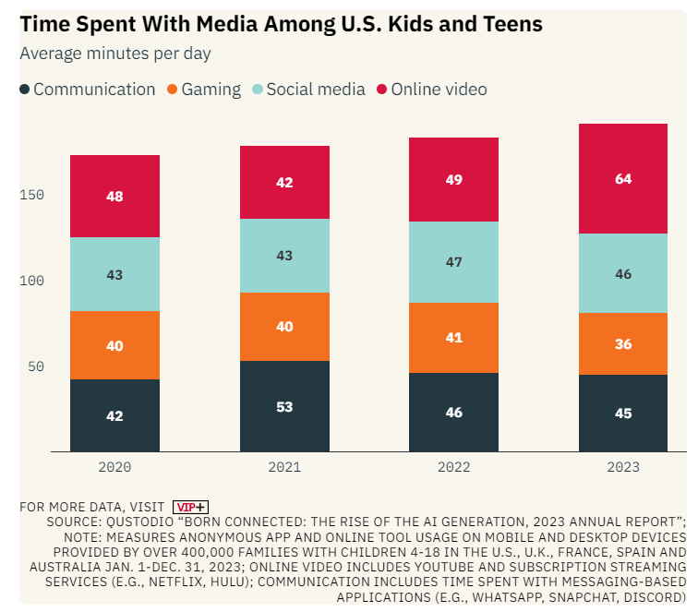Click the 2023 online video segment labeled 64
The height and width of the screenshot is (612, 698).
coord(622,179)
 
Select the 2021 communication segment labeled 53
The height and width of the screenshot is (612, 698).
coord(284,406)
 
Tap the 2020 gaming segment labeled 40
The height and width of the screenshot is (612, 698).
coord(114,345)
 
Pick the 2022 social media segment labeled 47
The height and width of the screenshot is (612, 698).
coord(453,262)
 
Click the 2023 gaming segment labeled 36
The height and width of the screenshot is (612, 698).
coord(622,343)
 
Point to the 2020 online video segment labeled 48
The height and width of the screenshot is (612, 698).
coord(114,197)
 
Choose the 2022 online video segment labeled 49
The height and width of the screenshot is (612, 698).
coord(453,180)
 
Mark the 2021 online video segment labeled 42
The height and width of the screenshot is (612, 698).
coord(284,183)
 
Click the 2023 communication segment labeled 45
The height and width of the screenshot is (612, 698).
coord(622,413)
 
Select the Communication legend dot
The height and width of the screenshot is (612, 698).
coord(25,90)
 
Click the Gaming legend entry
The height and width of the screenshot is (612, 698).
coord(203,90)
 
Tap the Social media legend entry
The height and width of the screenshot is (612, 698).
coord(308,90)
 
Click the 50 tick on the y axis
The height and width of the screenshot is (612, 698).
coord(35,366)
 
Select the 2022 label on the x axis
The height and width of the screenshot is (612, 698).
coord(453,467)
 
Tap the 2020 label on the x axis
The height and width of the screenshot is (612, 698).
coord(114,467)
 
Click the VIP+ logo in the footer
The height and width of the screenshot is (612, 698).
coord(191,507)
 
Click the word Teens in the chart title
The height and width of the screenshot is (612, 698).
coord(507,24)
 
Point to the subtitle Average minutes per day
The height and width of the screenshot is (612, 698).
coord(115,54)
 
